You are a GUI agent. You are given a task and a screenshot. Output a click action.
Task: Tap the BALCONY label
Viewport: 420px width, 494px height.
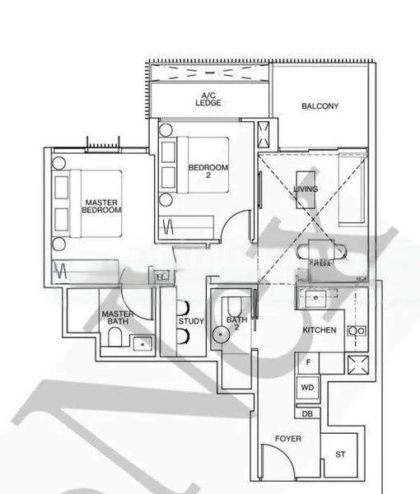coord(320,106)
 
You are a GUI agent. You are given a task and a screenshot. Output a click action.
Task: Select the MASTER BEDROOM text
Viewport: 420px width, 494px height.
coord(101,206)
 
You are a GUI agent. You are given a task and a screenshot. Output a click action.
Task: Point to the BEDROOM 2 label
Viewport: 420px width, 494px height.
coord(208,171)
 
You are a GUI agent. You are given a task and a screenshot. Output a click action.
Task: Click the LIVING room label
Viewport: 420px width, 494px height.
coord(306,189)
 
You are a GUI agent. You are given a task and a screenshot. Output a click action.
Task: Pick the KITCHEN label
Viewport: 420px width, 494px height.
coord(319,329)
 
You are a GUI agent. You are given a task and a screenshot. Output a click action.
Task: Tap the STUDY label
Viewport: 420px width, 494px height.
coord(191,321)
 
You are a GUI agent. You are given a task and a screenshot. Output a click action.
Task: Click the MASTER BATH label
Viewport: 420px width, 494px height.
coord(118,318)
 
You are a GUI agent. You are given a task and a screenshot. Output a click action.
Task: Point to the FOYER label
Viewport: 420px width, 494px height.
coord(288,439)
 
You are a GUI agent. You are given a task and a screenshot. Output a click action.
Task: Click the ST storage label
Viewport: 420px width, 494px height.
coord(340,454)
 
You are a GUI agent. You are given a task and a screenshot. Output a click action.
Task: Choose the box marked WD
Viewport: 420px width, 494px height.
coord(307,386)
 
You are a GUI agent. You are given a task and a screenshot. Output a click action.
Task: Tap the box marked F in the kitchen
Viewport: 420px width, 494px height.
coord(307,362)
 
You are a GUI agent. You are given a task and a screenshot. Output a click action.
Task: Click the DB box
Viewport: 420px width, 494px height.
coord(307,413)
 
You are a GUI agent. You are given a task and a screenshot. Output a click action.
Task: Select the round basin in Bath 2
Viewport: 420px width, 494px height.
coord(222,333)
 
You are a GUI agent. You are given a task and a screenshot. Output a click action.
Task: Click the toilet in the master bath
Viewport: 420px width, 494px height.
coord(115,338)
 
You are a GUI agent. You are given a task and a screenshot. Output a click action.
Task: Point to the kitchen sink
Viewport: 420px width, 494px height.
coord(315,295)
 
